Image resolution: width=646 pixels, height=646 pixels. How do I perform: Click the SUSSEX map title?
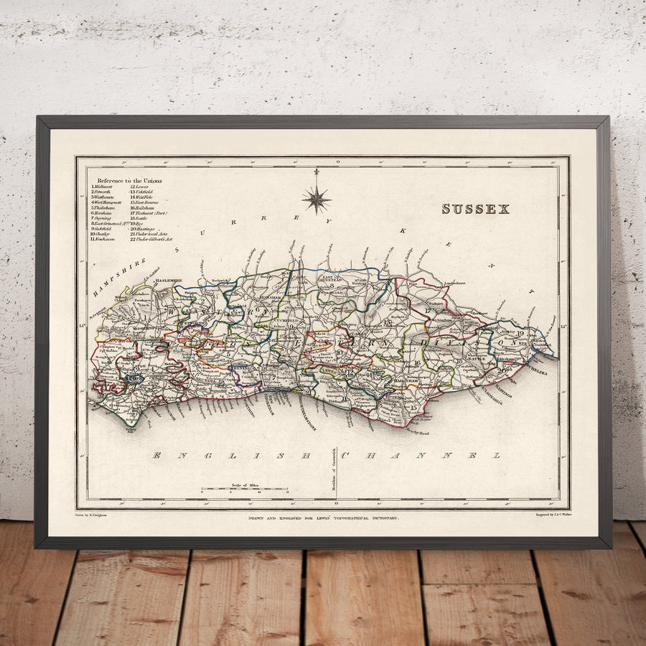click(475, 209)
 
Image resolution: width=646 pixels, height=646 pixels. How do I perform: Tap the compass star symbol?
click(316, 198)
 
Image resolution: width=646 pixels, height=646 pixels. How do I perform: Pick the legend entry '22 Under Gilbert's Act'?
click(152, 239)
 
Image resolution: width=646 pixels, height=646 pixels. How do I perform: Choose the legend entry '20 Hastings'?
click(144, 229)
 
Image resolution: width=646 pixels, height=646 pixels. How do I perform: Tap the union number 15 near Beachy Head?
click(413, 408)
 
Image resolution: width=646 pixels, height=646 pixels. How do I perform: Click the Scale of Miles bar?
click(245, 490)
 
